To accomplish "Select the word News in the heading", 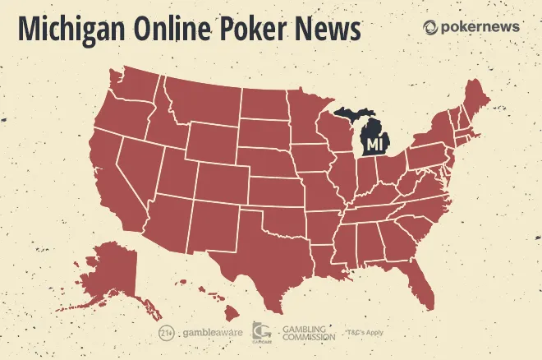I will [x=328, y=30].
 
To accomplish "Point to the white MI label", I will [x=374, y=145].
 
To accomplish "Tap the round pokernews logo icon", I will [x=430, y=27].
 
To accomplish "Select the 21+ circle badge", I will [x=165, y=333].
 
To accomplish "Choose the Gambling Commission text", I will [x=308, y=333].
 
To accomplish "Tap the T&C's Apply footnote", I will [x=365, y=333].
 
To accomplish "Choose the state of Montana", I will [x=205, y=103].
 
